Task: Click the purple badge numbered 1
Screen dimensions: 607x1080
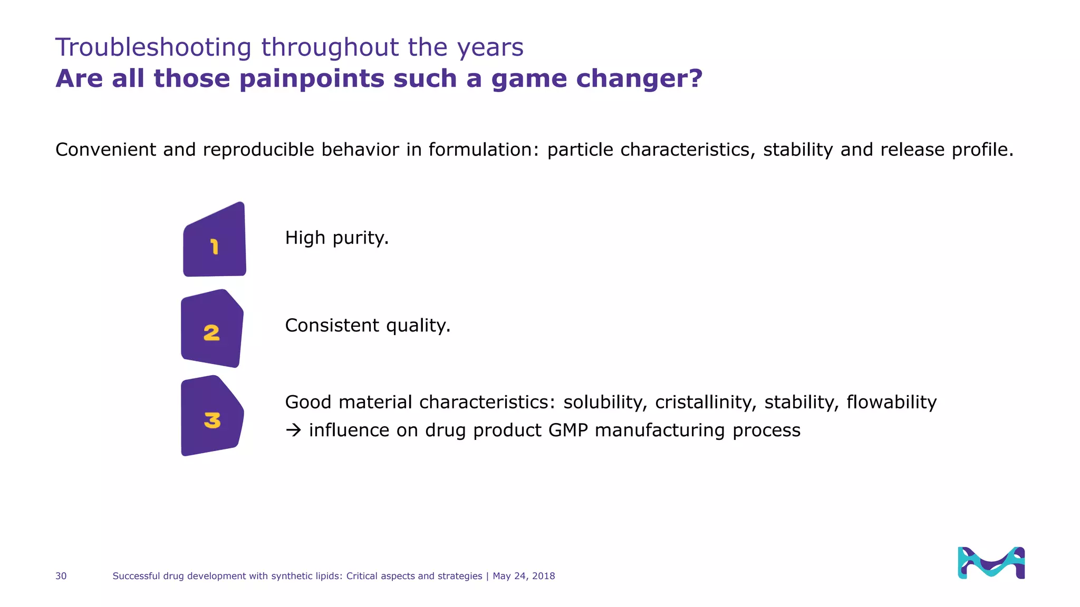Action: [214, 241]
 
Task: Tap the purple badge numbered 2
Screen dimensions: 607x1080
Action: [211, 329]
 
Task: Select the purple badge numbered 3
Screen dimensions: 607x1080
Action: [211, 416]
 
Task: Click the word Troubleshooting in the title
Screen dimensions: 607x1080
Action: [153, 47]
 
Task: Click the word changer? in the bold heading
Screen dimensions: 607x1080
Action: [639, 79]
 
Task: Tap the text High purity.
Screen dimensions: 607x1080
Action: [336, 238]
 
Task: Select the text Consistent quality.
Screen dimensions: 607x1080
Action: [368, 326]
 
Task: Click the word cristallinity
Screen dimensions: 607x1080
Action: [702, 402]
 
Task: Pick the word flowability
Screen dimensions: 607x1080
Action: [891, 402]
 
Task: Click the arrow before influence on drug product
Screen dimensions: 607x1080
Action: [293, 430]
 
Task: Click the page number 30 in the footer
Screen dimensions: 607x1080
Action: [61, 576]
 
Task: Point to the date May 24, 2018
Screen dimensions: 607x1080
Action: [524, 576]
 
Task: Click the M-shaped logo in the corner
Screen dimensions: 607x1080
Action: [991, 562]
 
